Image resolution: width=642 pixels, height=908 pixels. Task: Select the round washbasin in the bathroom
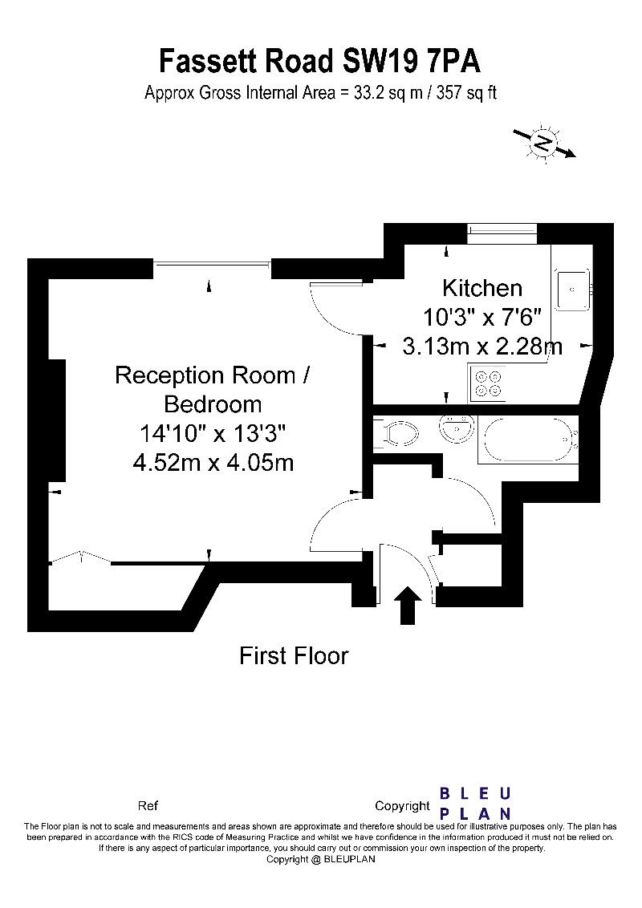[x=456, y=429]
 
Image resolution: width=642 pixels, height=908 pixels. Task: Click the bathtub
[x=528, y=440]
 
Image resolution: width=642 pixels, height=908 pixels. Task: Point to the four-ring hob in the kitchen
[x=487, y=383]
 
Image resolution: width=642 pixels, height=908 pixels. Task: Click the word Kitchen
[x=482, y=288]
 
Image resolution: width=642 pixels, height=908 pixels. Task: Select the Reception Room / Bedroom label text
[x=212, y=388]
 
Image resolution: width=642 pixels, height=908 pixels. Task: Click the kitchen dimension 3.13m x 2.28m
[x=482, y=347]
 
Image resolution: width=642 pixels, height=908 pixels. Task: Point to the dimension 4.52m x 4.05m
[x=213, y=463]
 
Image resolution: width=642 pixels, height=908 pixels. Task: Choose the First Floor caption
[x=294, y=656]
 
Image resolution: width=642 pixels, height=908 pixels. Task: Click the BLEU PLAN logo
[x=475, y=803]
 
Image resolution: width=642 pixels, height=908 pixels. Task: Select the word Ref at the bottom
[x=148, y=806]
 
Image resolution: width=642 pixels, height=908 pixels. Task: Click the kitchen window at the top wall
[x=502, y=233]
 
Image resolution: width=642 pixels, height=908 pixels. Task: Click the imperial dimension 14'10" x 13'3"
[x=213, y=434]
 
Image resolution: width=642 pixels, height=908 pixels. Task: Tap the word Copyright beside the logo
[x=402, y=806]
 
